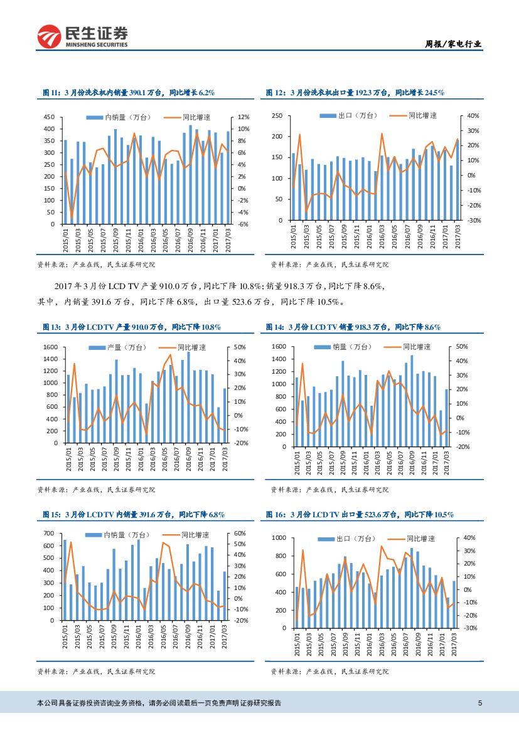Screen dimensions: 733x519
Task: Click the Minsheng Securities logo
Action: (82, 37)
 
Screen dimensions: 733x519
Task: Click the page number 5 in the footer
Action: (480, 703)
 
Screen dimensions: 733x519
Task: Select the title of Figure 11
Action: (129, 93)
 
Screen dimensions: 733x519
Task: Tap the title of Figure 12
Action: (355, 93)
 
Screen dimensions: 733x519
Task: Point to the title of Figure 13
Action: (131, 327)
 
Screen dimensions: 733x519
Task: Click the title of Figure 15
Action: (133, 515)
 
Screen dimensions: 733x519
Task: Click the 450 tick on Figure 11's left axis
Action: (49, 117)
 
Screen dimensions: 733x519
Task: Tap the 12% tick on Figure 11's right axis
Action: (244, 117)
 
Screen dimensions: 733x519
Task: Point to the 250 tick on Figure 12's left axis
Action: (276, 116)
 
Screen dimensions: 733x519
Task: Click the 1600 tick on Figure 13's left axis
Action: (48, 347)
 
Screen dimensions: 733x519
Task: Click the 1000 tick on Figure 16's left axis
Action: (277, 538)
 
